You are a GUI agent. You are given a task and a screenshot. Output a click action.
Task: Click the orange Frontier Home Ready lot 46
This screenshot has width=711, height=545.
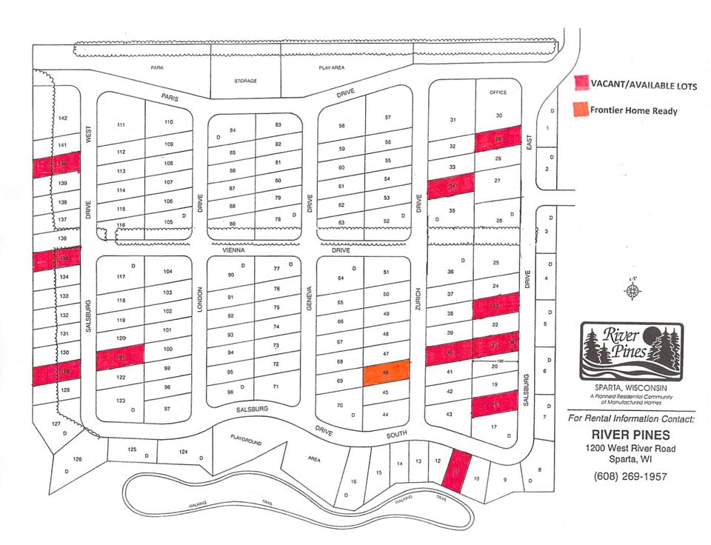pos(386,372)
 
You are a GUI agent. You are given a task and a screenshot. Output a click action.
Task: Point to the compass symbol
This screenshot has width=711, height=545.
pos(632,291)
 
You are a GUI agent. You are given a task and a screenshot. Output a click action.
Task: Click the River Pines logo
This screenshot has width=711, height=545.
pos(631,352)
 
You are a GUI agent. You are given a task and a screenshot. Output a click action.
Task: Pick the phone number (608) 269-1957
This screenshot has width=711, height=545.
pos(630,476)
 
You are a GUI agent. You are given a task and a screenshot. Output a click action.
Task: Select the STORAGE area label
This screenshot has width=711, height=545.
pos(245,81)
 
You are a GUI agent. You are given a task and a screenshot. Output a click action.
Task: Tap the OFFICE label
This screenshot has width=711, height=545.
pos(498,93)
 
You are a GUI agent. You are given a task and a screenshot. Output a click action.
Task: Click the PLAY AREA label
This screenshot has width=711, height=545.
pos(332,67)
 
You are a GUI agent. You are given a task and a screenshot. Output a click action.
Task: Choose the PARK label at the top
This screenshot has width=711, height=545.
pos(156,67)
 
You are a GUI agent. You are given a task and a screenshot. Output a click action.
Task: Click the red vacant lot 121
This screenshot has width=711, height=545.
pos(118,359)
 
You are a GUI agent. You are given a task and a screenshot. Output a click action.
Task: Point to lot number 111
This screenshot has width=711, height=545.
pos(121,125)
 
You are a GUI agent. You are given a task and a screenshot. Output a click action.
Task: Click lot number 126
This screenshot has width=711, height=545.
pos(78,459)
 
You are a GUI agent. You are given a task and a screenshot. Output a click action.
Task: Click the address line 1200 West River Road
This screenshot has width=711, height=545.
pos(631,448)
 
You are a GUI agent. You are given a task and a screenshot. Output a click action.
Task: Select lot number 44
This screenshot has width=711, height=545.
pos(386,415)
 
